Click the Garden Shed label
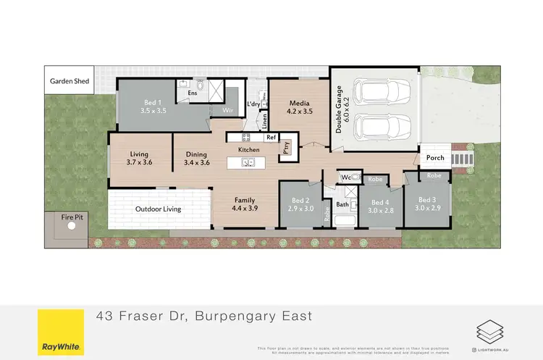[x=70, y=81]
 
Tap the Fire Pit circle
[x=72, y=226]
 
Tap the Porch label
[x=434, y=159]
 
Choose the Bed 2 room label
[x=300, y=201]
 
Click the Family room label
[x=245, y=199]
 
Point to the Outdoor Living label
[x=158, y=209]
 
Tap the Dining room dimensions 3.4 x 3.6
[x=196, y=163]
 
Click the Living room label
[x=139, y=154]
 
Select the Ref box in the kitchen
[x=271, y=137]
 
